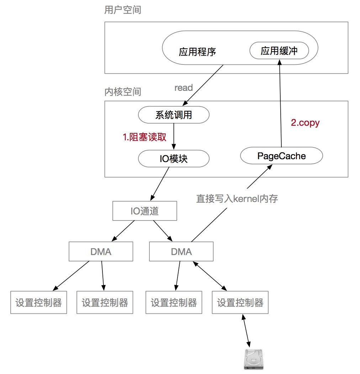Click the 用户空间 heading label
[122, 10]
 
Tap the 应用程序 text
[197, 52]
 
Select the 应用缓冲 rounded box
[279, 51]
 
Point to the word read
[184, 88]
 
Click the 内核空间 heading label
[122, 92]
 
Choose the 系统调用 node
[173, 115]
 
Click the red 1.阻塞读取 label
[144, 137]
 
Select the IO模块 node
[173, 159]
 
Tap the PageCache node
[281, 156]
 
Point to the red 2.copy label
[305, 123]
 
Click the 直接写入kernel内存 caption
[237, 199]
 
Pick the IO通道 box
[144, 211]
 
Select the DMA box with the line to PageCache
[181, 252]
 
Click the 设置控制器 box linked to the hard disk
[240, 303]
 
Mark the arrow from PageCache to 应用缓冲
[280, 103]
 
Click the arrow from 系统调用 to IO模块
[173, 137]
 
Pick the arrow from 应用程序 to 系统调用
[203, 85]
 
